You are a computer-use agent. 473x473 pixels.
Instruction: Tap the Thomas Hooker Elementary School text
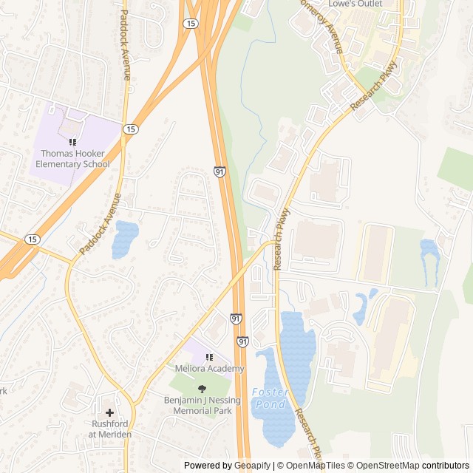click(70, 159)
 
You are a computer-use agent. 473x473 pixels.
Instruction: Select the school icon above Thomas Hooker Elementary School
click(72, 141)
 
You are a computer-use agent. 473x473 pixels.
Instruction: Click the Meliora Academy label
click(209, 369)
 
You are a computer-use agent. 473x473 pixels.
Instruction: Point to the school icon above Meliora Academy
click(209, 357)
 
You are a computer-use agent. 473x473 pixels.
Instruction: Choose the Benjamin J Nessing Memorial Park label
click(203, 405)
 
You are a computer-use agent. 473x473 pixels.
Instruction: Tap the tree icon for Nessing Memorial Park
click(203, 389)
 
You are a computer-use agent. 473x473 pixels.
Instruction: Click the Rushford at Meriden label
click(110, 429)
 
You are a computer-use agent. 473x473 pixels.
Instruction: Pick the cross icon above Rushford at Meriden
click(110, 413)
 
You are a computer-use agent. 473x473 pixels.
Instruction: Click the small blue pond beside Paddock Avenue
click(125, 239)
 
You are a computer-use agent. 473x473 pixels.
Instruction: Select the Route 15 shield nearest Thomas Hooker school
click(131, 129)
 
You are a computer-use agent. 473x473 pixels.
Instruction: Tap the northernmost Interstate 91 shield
click(220, 171)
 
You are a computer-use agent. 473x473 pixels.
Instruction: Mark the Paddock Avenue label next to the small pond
click(100, 224)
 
